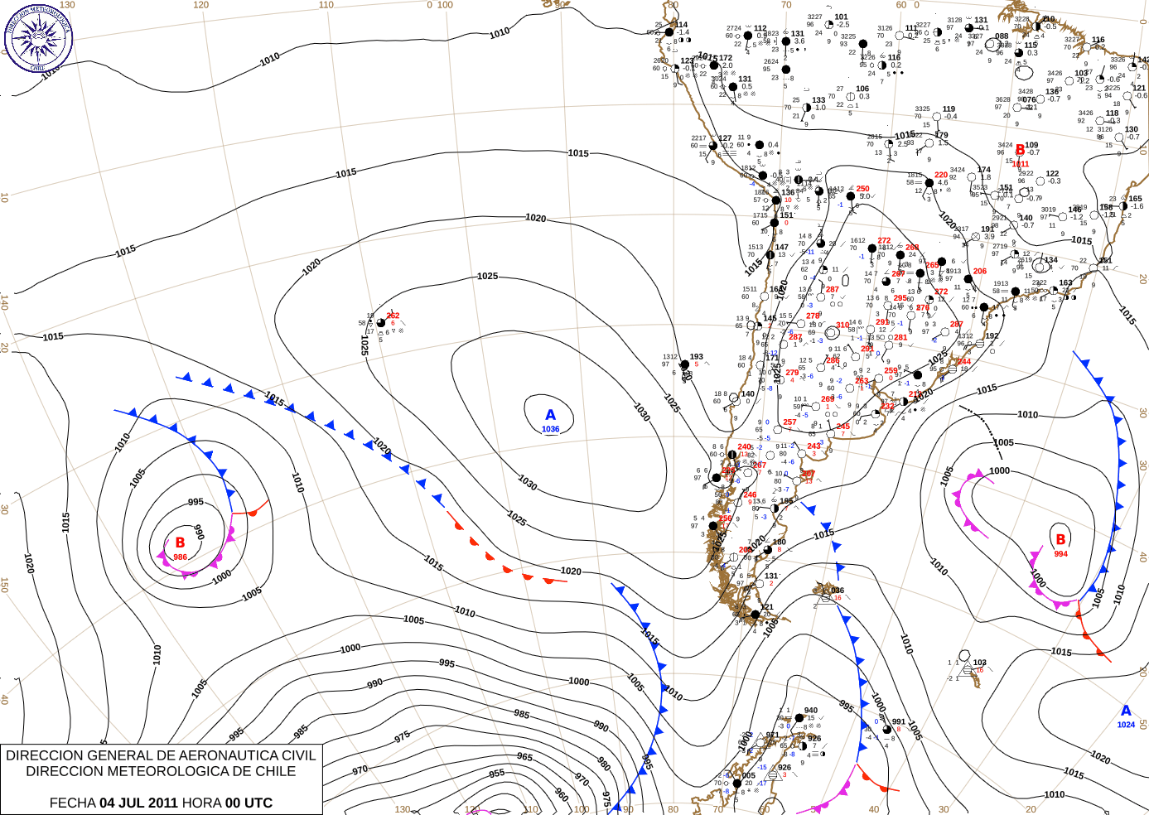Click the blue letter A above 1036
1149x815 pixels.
coord(550,415)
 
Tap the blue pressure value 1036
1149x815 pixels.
coord(550,429)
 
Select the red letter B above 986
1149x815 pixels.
coord(180,543)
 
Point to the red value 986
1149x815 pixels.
coord(180,557)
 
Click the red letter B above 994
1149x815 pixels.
coord(1060,539)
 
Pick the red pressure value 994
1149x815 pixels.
coord(1060,554)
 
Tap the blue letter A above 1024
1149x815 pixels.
coord(1126,711)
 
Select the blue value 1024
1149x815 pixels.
coord(1126,725)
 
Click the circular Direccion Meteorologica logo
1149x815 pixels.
coord(38,37)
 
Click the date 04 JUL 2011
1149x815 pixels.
coord(138,803)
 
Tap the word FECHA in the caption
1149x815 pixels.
coord(72,803)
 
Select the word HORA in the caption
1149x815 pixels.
coord(202,803)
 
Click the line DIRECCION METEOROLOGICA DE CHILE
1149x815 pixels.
coord(161,771)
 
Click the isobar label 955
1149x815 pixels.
coord(496,773)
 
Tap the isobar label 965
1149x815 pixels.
coord(524,756)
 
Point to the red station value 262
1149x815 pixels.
coord(393,316)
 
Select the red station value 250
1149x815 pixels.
coord(862,189)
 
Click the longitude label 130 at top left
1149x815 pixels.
coord(67,5)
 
